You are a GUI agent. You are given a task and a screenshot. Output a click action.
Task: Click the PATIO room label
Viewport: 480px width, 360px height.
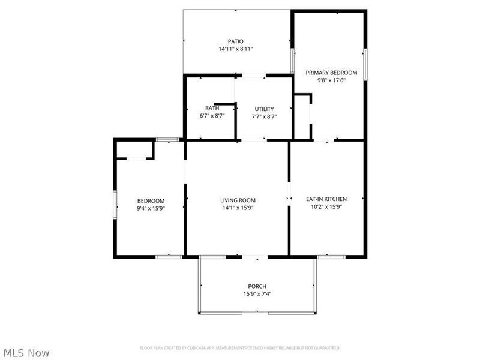click(235, 41)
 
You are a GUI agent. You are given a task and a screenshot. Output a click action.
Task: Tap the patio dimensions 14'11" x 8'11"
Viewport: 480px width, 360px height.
click(235, 49)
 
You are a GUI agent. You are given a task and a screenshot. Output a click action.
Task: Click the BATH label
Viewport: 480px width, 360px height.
click(212, 109)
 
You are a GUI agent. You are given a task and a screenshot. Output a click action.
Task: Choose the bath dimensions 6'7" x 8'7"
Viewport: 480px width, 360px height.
click(212, 116)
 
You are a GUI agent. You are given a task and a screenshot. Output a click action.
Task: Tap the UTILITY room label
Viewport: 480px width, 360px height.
click(264, 109)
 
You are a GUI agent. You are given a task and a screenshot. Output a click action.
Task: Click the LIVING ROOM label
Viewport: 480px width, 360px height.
click(238, 200)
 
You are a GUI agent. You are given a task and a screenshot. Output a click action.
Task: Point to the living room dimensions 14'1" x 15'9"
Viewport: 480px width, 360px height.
click(238, 208)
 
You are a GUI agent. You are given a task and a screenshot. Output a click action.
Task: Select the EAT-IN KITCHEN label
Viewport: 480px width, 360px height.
click(326, 199)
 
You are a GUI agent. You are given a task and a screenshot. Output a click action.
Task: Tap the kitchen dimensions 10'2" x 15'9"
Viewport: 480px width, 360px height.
click(326, 206)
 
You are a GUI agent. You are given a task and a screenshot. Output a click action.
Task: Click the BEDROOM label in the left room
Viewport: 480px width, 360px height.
click(151, 201)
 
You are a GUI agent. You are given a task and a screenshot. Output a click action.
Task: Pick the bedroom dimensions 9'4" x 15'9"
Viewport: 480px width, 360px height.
click(151, 208)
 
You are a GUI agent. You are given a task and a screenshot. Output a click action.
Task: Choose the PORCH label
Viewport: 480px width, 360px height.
click(257, 286)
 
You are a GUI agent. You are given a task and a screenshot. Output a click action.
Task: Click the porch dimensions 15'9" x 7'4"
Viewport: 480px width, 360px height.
click(257, 294)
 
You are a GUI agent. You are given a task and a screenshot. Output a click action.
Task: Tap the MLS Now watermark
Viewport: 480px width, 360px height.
click(26, 353)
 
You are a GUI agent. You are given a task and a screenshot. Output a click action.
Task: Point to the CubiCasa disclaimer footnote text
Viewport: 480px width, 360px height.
click(240, 347)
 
